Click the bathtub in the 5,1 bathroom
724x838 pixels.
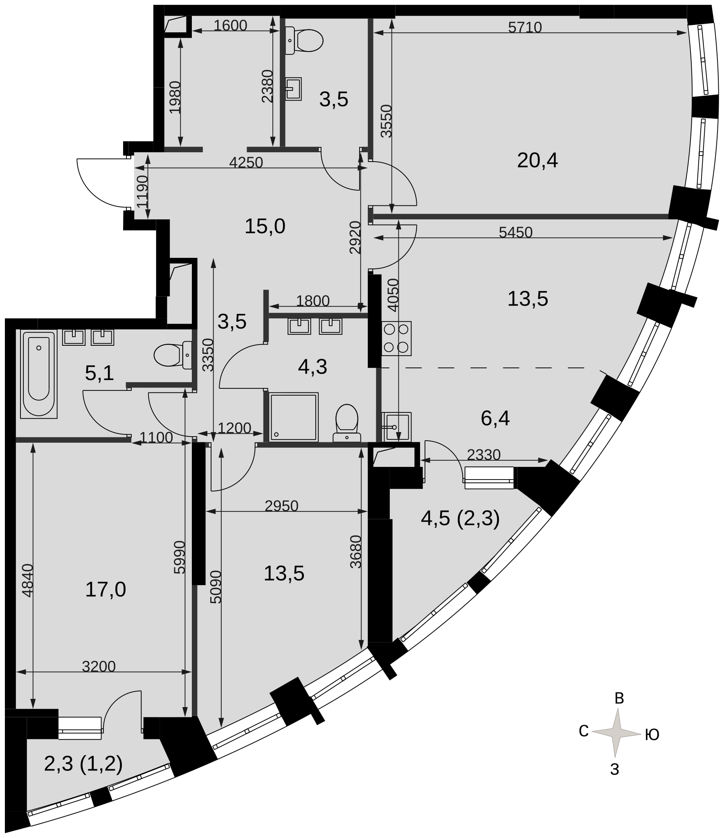point(39,374)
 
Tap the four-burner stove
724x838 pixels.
point(396,338)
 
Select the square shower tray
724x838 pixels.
point(294,417)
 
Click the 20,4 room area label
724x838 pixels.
point(537,160)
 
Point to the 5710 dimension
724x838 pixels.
point(525,27)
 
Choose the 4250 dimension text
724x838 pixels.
point(246,162)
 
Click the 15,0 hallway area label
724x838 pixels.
point(265,226)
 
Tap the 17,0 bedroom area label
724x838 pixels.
point(106,590)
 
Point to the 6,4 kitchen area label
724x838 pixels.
point(495,418)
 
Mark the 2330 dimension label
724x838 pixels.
point(483,455)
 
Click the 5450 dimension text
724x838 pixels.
point(516,232)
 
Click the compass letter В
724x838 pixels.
point(619,698)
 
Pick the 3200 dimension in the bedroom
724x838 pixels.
point(99,667)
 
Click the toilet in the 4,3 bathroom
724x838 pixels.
point(347,423)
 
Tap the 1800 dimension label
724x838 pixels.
point(313,301)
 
